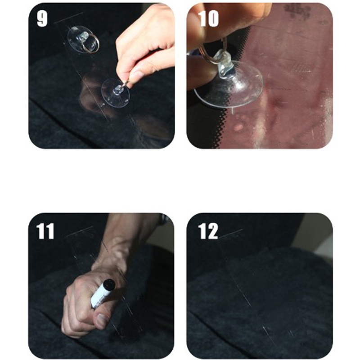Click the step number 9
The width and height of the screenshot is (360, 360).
coord(42,19)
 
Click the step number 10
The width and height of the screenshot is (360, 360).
coord(208,19)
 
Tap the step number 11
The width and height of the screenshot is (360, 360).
coord(45,231)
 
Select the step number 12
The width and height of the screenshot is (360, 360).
coord(208,231)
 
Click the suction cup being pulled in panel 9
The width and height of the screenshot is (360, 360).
coord(116,93)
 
